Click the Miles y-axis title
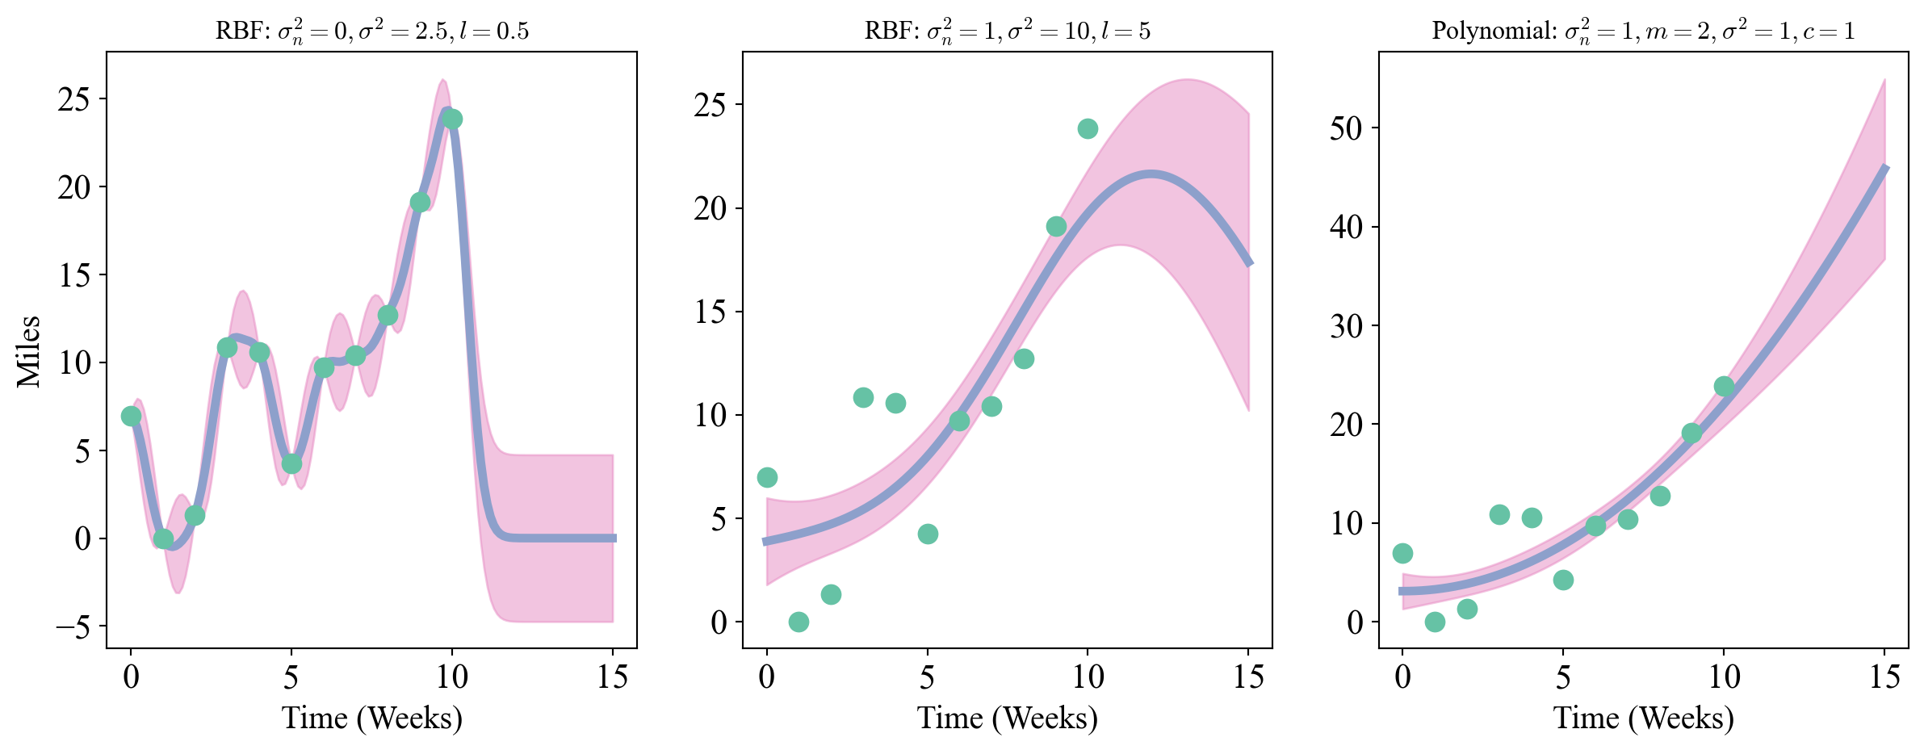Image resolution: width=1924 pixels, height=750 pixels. coord(29,351)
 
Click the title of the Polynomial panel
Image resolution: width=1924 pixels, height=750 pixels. coord(1643,31)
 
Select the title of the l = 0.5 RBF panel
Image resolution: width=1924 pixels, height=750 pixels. coord(372,31)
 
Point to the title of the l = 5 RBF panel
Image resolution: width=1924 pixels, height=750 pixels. coord(1007,31)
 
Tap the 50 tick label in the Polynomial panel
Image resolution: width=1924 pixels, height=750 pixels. coord(1346,128)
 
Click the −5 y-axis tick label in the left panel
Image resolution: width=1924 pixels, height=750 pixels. coord(73,627)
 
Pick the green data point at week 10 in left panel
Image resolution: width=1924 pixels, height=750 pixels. coord(452,119)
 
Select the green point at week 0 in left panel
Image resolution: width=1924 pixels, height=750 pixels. coord(131,417)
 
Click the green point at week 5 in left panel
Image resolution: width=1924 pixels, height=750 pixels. coord(291,464)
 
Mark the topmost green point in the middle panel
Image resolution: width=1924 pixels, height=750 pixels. coord(1088,129)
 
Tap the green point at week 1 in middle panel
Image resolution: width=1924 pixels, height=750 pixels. coord(799,622)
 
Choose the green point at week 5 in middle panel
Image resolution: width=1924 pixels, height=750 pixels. coord(928,534)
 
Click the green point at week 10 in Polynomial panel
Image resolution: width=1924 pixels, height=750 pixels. coord(1724,387)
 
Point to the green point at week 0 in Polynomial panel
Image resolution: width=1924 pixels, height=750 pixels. coord(1402,554)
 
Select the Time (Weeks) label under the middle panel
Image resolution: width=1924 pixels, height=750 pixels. coord(1007,718)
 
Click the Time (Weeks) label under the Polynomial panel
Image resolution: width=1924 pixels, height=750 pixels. coord(1643,718)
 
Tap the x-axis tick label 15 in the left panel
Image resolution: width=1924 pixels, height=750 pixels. coord(612,677)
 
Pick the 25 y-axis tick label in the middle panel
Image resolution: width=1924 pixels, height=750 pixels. coord(710,105)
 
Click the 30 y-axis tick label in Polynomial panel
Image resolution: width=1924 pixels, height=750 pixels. coord(1346,326)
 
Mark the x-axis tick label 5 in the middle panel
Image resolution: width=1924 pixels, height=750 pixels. coord(927,677)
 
